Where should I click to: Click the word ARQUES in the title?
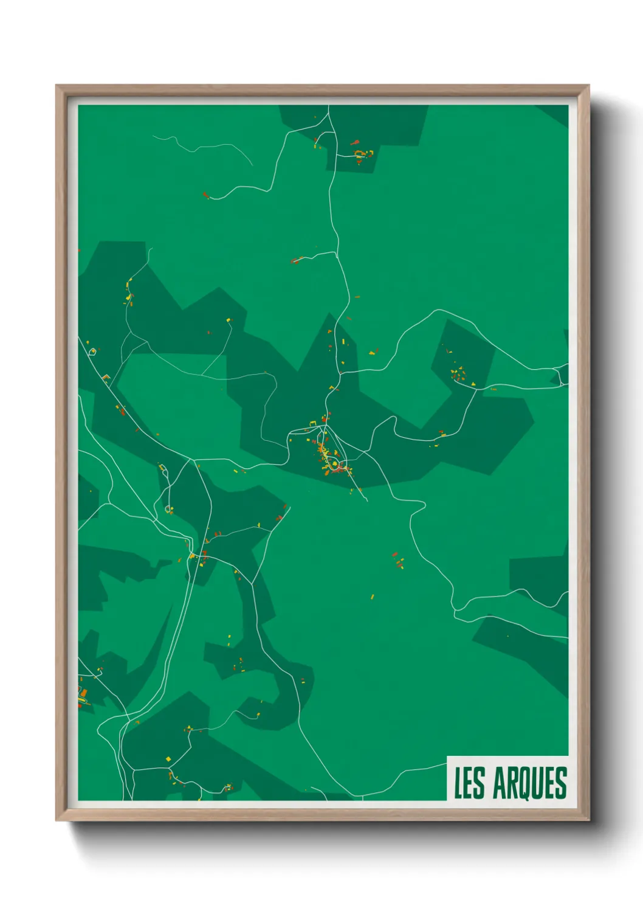pos(530,783)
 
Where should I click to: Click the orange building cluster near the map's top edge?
pos(362,153)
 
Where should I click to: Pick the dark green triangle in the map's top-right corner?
pos(556,113)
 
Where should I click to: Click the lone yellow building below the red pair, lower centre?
pos(373,597)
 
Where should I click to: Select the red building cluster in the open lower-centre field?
pos(397,560)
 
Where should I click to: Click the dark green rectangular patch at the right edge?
pos(538,575)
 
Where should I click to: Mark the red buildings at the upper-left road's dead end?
pos(205,195)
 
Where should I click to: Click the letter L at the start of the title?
pos(458,783)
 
